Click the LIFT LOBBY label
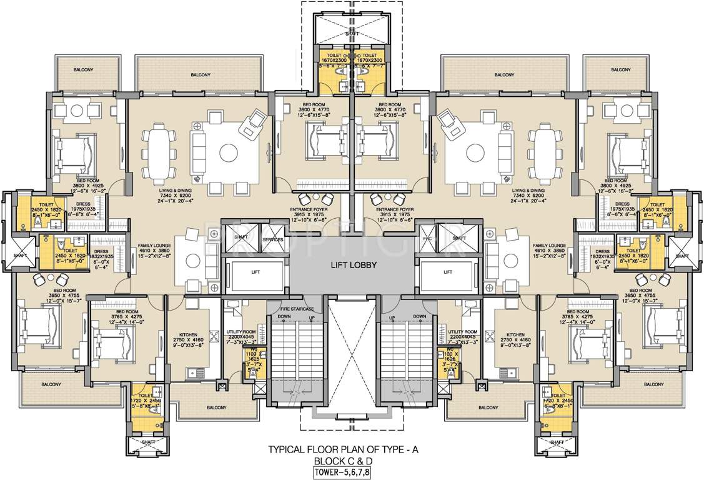(353, 265)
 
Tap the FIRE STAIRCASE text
(297, 309)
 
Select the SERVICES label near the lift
(273, 239)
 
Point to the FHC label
(427, 239)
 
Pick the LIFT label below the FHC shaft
(447, 272)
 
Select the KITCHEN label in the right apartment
(515, 335)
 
